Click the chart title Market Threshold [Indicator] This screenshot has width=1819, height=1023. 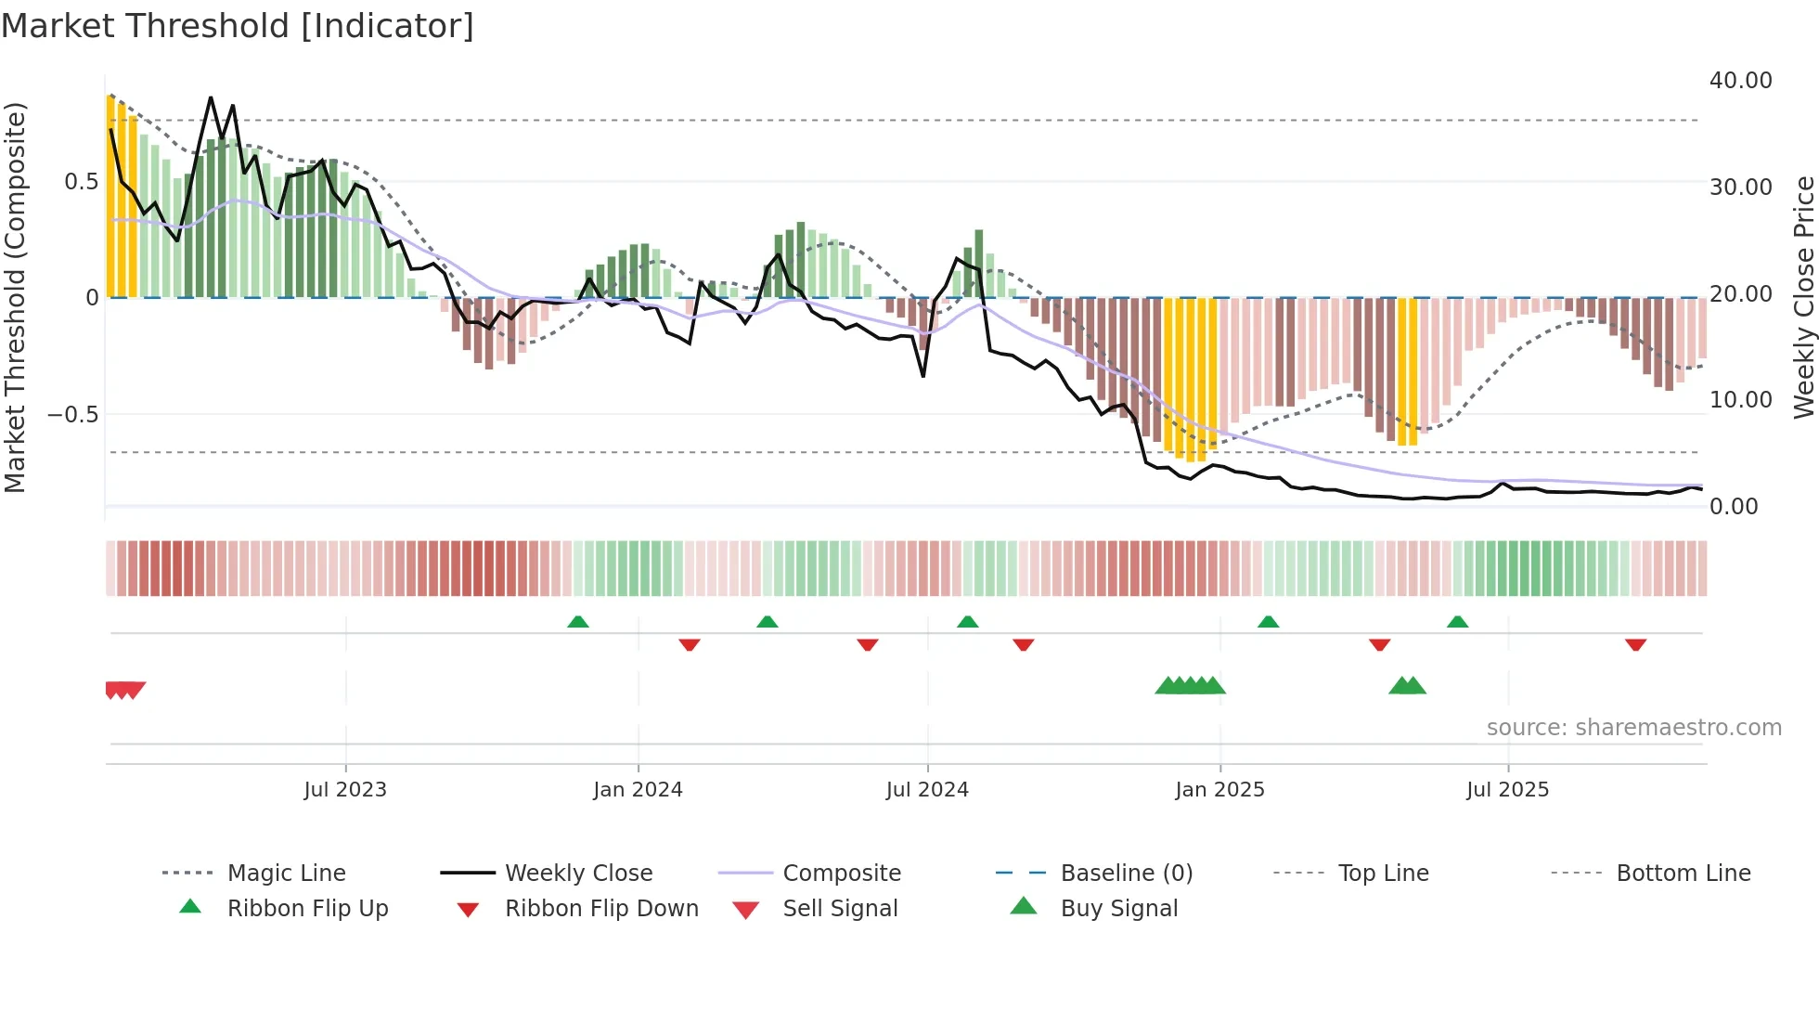pyautogui.click(x=238, y=26)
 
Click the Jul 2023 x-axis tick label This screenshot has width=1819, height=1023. pyautogui.click(x=345, y=790)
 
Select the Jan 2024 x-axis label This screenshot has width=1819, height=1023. pyautogui.click(x=638, y=790)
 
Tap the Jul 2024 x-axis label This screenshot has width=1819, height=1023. pyautogui.click(x=927, y=790)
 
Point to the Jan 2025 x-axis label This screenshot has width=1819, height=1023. pyautogui.click(x=1219, y=790)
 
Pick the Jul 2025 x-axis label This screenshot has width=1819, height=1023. pyautogui.click(x=1508, y=790)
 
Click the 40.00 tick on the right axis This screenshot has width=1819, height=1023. pyautogui.click(x=1740, y=81)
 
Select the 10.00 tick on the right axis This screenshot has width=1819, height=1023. pyautogui.click(x=1740, y=400)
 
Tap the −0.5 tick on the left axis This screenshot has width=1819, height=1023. pyautogui.click(x=72, y=414)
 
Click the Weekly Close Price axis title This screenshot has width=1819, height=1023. pyautogui.click(x=1803, y=297)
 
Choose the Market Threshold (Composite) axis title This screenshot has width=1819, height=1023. pyautogui.click(x=15, y=297)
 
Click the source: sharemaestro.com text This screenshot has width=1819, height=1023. pyautogui.click(x=1633, y=728)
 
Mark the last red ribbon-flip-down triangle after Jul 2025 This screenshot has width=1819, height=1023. pyautogui.click(x=1635, y=644)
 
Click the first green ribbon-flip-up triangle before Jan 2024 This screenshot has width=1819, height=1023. pyautogui.click(x=578, y=622)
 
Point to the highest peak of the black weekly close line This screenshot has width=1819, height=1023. pyautogui.click(x=211, y=97)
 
